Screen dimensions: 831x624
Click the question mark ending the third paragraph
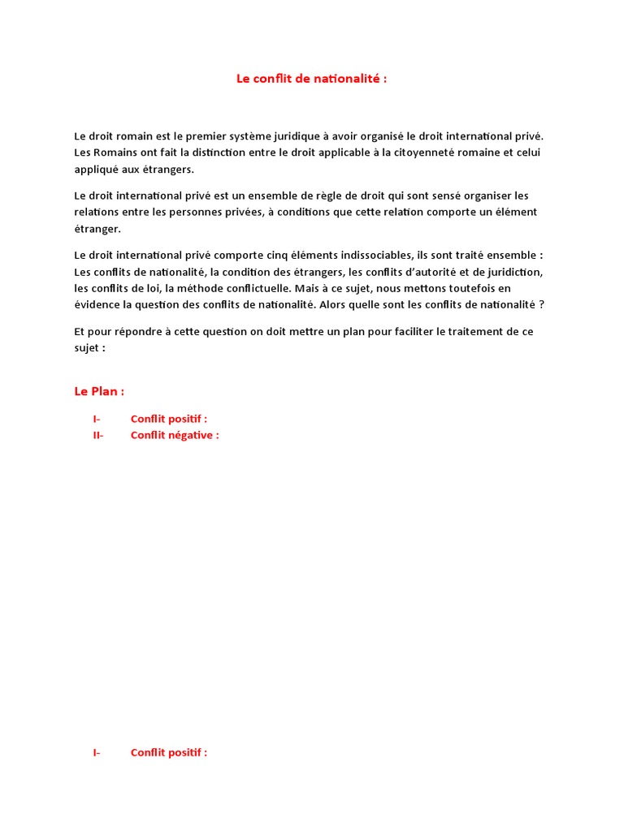542,305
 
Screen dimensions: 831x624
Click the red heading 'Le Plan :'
99,391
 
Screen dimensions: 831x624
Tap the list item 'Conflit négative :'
175,435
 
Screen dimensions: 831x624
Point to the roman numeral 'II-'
98,435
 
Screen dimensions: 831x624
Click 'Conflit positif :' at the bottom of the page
169,752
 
